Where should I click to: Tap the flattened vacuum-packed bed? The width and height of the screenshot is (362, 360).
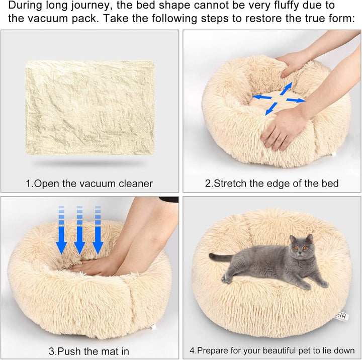click(x=90, y=109)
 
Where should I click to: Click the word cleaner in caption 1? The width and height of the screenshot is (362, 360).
click(x=135, y=184)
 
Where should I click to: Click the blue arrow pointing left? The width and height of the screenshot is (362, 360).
click(x=261, y=97)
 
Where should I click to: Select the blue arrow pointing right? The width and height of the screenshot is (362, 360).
click(x=297, y=100)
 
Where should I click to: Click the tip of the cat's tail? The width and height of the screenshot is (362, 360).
click(x=212, y=257)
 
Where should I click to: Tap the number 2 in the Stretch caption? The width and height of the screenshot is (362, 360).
click(x=207, y=184)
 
